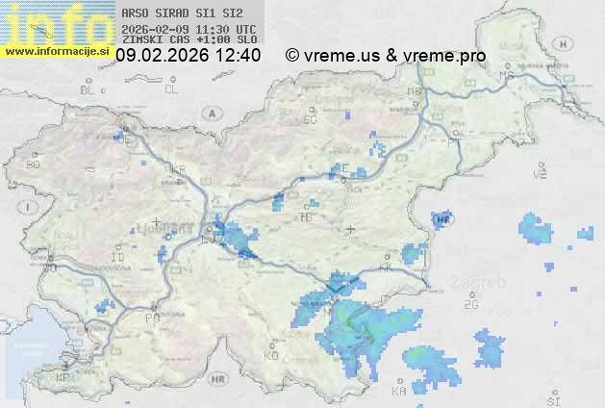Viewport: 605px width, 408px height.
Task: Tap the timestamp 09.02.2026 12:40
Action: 188,56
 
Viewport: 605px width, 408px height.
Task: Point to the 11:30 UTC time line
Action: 189,29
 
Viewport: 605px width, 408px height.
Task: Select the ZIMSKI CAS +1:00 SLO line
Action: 189,40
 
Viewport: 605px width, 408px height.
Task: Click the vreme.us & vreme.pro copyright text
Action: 386,56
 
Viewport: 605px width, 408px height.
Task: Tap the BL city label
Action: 89,89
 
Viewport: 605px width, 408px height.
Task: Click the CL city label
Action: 171,89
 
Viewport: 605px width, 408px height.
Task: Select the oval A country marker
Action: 211,113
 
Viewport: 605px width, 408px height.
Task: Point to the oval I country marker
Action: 30,207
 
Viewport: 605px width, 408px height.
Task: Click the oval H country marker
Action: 443,220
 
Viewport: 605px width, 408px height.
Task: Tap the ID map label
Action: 117,258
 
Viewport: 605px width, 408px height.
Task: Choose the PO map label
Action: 152,318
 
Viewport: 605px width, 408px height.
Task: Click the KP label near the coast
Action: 63,378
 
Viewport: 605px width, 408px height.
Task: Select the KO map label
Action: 270,355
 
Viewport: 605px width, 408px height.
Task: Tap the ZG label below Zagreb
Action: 470,305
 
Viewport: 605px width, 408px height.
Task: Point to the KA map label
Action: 399,392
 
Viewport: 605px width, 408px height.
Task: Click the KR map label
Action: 178,169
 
